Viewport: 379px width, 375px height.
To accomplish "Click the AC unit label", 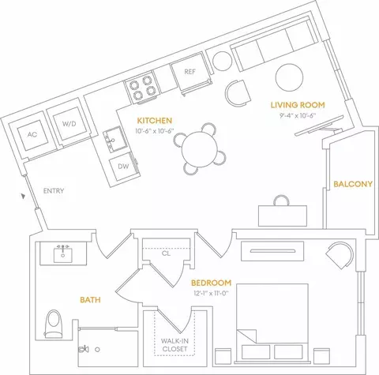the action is (32, 134).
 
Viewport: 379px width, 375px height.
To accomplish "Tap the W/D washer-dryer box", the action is (69, 123).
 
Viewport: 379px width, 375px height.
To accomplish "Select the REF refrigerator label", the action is (189, 72).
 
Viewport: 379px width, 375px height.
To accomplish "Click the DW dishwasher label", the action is (123, 166).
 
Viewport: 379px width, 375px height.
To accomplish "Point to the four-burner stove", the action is (143, 88).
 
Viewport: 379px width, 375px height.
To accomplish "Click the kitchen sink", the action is (115, 140).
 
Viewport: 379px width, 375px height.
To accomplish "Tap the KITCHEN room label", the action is (155, 121).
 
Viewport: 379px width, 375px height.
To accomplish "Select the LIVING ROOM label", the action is (298, 105).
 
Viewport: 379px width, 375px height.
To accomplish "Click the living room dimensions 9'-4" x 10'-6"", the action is (298, 115).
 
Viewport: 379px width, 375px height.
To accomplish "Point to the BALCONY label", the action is (353, 184).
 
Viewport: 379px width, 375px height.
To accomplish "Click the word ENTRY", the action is (54, 191).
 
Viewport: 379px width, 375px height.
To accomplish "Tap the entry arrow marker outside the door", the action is (24, 196).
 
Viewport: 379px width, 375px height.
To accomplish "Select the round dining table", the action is (200, 149).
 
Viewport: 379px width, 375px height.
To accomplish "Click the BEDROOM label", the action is (211, 283).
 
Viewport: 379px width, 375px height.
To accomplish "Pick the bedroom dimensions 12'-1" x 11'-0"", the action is (211, 293).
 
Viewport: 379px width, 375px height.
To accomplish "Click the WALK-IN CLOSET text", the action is (174, 345).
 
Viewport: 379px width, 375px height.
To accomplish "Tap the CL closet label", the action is (166, 253).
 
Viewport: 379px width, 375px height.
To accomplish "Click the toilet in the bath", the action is (54, 324).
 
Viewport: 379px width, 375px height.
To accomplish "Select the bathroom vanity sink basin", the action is (62, 255).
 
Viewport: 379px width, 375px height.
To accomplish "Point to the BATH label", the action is (90, 300).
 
